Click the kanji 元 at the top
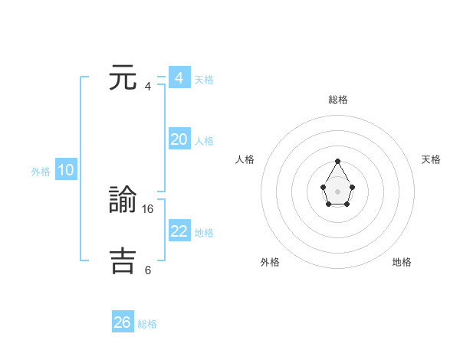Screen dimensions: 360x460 click(x=123, y=79)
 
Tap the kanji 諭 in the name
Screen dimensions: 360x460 click(x=123, y=201)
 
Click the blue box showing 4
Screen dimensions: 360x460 click(x=179, y=78)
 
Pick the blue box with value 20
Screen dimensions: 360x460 click(x=179, y=139)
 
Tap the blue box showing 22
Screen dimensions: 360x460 click(x=179, y=231)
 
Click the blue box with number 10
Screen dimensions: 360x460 click(x=66, y=171)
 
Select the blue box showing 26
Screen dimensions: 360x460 click(x=123, y=322)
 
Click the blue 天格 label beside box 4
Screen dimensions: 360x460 click(x=204, y=80)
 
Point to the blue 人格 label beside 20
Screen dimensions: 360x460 click(x=204, y=141)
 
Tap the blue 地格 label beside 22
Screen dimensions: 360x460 click(x=204, y=233)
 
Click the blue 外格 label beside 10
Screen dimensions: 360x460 click(x=41, y=172)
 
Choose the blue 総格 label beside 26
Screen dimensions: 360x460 click(x=147, y=324)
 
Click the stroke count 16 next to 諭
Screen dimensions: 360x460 click(x=149, y=208)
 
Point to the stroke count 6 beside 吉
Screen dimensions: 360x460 click(x=148, y=270)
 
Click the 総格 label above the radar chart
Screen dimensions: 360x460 click(x=338, y=100)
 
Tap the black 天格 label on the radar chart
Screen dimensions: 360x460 click(x=432, y=159)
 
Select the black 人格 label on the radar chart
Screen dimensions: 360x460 click(x=245, y=159)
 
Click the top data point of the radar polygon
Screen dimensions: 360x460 click(x=338, y=162)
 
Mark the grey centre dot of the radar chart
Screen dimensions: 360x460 click(x=338, y=190)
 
